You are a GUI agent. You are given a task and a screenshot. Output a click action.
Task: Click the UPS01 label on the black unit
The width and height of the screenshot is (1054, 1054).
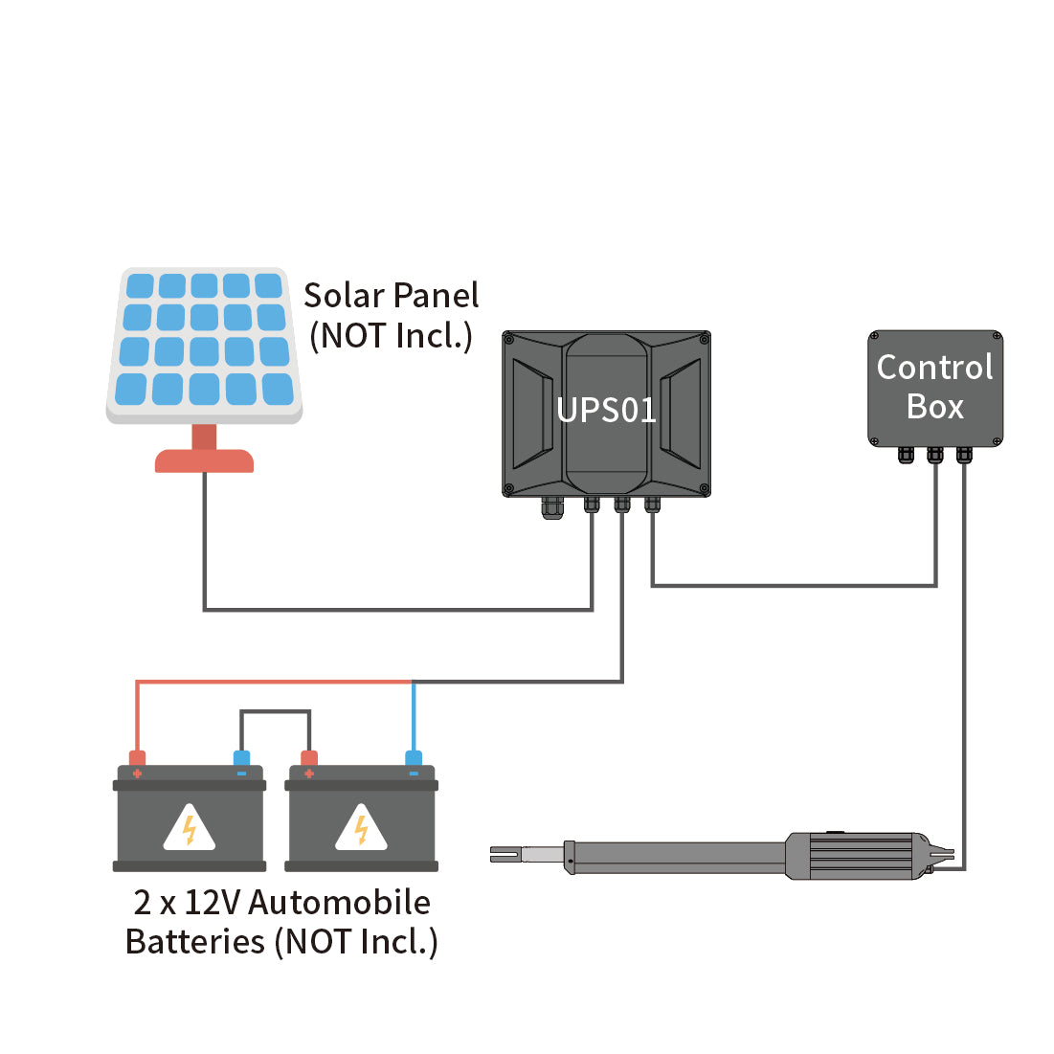pos(606,411)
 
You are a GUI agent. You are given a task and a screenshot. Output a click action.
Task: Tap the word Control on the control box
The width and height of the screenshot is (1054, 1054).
pos(934,368)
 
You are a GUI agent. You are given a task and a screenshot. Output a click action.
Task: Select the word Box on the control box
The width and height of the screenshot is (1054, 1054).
pos(934,407)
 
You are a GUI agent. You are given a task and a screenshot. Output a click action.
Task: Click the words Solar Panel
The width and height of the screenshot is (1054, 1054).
pos(391,296)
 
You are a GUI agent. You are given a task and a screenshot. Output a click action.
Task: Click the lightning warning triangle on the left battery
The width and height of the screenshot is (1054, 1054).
pos(190,829)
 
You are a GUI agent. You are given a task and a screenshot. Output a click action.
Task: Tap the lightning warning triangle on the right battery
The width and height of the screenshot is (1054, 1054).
pos(361,829)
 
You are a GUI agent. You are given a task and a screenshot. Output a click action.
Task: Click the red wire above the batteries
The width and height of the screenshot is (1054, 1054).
pos(273,682)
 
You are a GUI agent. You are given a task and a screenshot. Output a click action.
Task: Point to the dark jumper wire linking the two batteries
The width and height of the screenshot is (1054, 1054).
pos(275,711)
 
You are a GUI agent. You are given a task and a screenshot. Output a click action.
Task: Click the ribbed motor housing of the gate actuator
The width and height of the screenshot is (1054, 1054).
pos(852,855)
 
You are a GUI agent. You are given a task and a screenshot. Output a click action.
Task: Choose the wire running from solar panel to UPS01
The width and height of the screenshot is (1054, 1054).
pos(397,608)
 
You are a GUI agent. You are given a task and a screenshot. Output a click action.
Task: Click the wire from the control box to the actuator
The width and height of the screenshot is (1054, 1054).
pos(964,670)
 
